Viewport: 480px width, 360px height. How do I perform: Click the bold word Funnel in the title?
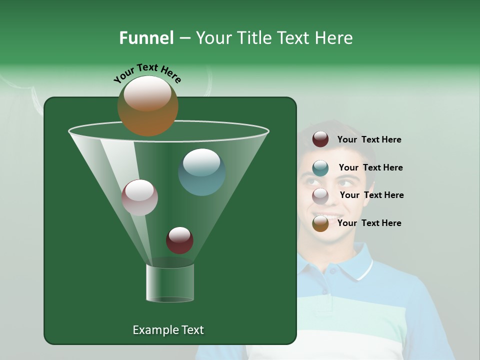click(x=146, y=38)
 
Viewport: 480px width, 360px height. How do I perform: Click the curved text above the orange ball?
click(x=147, y=72)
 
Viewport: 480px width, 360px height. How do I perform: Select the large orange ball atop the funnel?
click(x=147, y=105)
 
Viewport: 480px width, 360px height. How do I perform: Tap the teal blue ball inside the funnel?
click(x=201, y=172)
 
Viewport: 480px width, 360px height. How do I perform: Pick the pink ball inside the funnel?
click(x=139, y=197)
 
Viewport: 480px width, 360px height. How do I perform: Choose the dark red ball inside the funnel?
click(x=179, y=240)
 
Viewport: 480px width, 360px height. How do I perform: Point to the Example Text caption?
click(x=168, y=330)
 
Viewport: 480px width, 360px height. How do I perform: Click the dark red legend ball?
click(x=320, y=139)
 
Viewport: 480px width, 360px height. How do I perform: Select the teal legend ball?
click(x=320, y=168)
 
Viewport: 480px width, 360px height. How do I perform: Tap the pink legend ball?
click(x=320, y=195)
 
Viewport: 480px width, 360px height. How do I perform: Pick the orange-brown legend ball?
click(x=320, y=223)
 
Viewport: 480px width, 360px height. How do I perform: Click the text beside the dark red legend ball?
click(x=369, y=140)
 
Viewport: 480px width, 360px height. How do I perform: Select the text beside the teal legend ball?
click(x=370, y=167)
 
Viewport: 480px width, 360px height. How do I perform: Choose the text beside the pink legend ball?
click(x=371, y=195)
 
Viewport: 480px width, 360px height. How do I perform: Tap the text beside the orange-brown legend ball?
click(x=369, y=223)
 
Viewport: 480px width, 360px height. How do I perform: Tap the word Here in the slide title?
click(x=333, y=38)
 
